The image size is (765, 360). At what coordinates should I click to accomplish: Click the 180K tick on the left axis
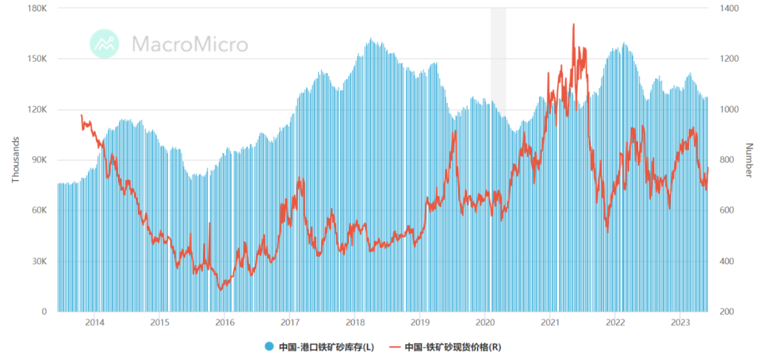37,9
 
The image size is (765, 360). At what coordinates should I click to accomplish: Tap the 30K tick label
39,261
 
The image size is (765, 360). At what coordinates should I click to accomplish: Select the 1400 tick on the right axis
729,9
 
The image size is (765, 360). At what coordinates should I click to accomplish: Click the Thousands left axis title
15,160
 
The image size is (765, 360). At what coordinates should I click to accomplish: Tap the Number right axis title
749,160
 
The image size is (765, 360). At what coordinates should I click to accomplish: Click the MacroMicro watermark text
190,45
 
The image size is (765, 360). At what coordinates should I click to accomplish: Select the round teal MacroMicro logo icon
105,44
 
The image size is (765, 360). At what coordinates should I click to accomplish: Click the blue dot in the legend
268,347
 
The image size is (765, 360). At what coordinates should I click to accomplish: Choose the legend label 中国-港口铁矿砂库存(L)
323,347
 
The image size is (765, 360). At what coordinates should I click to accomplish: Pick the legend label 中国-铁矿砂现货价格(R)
453,347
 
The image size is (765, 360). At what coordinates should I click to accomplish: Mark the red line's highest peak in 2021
573,25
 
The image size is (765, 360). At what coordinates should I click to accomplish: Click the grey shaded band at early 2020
498,57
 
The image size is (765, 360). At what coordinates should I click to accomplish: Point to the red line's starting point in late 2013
81,115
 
